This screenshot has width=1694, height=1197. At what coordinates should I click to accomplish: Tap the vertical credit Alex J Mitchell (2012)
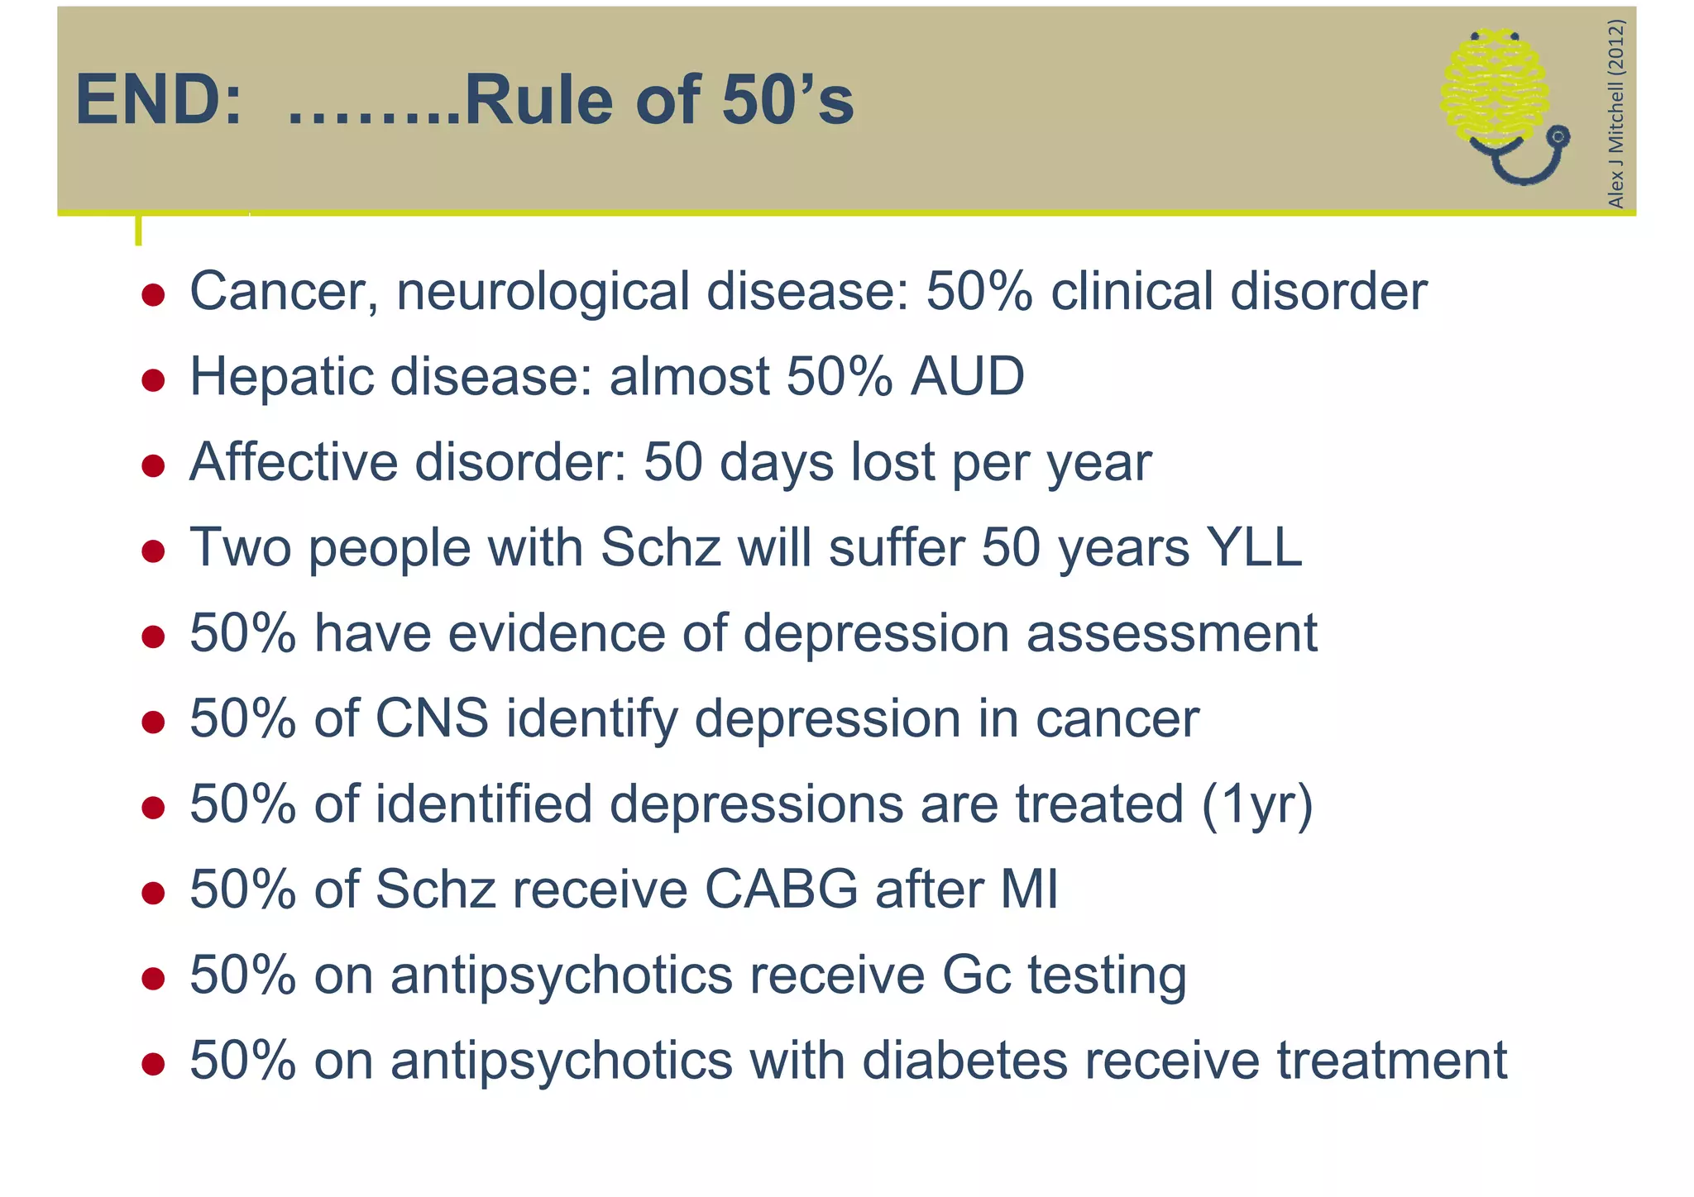click(x=1615, y=113)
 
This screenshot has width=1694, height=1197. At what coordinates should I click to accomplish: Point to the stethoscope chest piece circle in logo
click(x=1558, y=137)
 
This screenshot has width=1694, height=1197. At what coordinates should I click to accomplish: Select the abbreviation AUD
click(x=967, y=377)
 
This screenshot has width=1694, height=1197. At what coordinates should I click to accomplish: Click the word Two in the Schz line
click(x=241, y=547)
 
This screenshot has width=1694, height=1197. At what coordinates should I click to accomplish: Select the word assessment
click(x=1171, y=633)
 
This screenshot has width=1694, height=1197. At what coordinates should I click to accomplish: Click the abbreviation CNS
click(x=432, y=718)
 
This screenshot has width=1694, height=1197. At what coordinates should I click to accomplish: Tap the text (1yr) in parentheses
click(x=1256, y=804)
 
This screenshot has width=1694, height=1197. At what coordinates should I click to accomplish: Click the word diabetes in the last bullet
click(x=964, y=1061)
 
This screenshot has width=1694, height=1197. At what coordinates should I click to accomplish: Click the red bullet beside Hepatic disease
click(x=153, y=380)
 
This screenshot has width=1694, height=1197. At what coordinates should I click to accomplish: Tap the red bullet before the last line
click(x=153, y=1064)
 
